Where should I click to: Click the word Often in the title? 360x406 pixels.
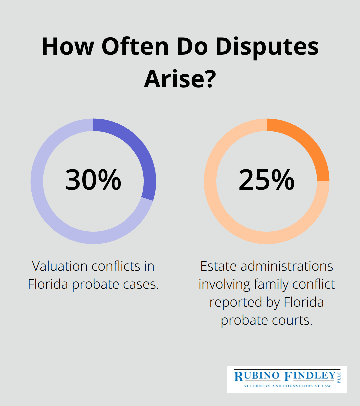pos(135,47)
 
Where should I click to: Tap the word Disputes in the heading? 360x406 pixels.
pos(267,47)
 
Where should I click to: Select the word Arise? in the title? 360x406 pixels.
pos(180,79)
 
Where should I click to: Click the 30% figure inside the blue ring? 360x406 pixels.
pos(93,180)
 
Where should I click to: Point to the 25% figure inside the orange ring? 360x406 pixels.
pos(266,180)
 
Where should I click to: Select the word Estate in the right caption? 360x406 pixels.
pos(218,266)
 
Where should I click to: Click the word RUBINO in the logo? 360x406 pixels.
pos(257,376)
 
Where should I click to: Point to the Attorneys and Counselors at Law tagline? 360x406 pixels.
pos(287,386)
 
